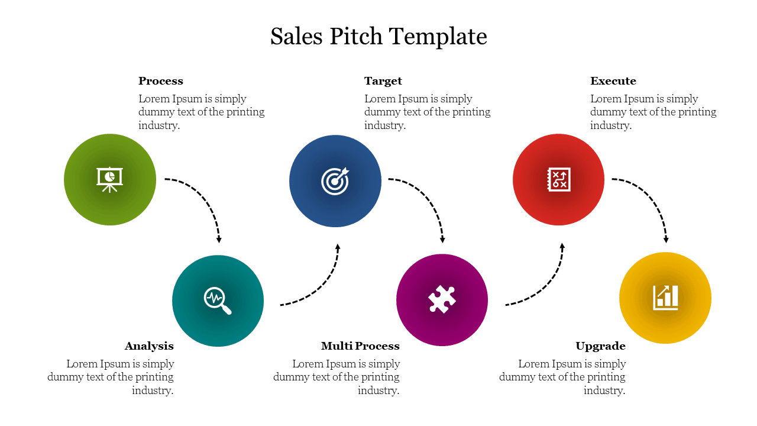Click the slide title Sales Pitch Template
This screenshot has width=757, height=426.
(x=378, y=37)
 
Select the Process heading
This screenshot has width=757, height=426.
(x=161, y=81)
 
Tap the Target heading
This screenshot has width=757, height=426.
(x=383, y=81)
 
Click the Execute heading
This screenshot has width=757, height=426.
(x=613, y=81)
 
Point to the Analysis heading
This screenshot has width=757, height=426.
(x=149, y=346)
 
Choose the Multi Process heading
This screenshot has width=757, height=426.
(x=360, y=346)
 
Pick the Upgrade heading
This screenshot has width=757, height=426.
(x=600, y=346)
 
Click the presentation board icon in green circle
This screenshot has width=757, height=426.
(x=110, y=179)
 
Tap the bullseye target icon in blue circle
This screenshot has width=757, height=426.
(x=335, y=181)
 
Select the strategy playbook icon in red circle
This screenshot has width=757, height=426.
(x=559, y=179)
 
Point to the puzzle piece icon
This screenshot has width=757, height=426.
(x=442, y=299)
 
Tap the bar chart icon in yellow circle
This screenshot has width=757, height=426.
(x=665, y=298)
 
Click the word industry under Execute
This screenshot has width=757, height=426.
(x=610, y=125)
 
